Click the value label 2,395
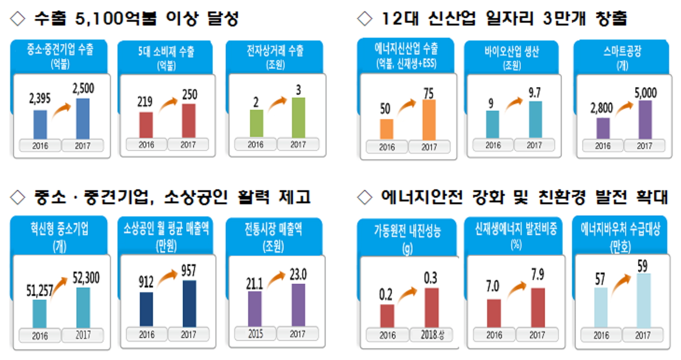click(40, 98)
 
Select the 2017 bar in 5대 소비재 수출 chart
click(189, 121)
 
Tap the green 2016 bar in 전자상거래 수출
click(256, 123)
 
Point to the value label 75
click(428, 93)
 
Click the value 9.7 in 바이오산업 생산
click(534, 93)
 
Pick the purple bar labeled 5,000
click(645, 120)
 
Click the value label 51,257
click(40, 291)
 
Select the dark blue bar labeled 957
click(189, 303)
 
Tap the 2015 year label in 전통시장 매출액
click(255, 335)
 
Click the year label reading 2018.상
click(432, 335)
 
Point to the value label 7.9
click(537, 275)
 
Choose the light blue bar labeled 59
click(643, 300)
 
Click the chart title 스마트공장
click(622, 52)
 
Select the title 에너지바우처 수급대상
click(620, 230)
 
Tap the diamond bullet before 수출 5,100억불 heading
click(17, 19)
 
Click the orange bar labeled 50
click(386, 129)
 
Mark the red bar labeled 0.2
click(387, 316)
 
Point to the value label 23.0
click(298, 275)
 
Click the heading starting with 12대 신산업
click(504, 19)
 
